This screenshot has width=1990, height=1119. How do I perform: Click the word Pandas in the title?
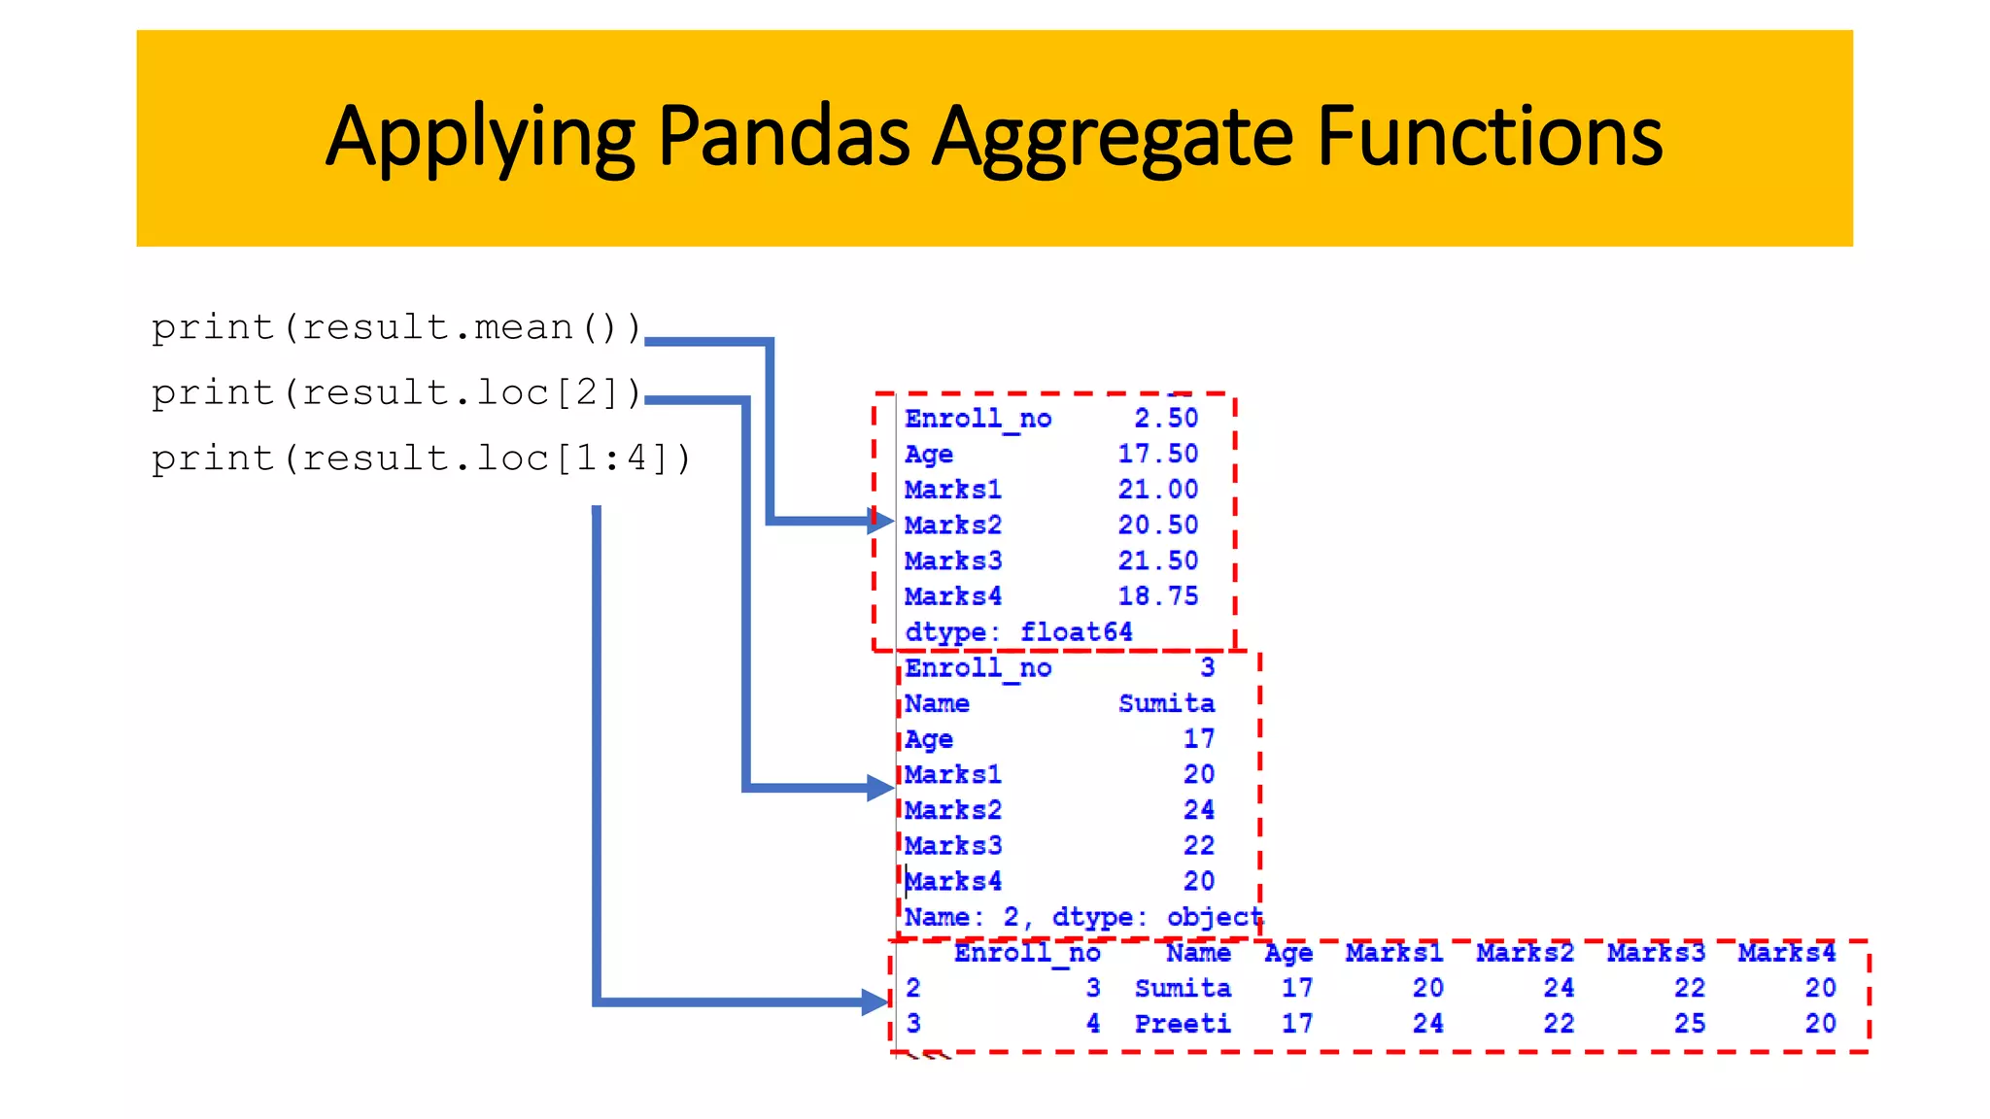pos(783,137)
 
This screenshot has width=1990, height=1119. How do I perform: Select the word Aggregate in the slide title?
pos(1113,139)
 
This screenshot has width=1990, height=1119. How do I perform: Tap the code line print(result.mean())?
pos(396,327)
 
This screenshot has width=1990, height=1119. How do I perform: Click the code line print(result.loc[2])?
pos(396,392)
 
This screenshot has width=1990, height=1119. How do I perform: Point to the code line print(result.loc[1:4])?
pos(421,458)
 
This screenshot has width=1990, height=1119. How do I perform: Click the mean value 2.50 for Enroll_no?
pos(1166,418)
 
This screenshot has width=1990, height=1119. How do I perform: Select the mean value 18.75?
pos(1157,595)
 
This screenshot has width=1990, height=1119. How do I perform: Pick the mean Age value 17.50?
pos(1157,454)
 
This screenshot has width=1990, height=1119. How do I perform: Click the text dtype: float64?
pos(1018,631)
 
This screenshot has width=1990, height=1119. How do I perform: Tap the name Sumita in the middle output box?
pos(1166,703)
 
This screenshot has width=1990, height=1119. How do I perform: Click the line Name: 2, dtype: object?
pos(1082,916)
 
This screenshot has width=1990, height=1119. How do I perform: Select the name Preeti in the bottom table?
pos(1183,1023)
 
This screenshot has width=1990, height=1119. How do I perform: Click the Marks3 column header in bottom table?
pos(1656,952)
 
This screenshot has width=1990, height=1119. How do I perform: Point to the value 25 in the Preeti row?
pos(1689,1023)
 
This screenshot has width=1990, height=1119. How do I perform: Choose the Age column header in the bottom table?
pos(1288,953)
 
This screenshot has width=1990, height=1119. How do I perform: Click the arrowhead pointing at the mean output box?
pos(880,522)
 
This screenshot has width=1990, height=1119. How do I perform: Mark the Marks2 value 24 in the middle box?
pos(1198,809)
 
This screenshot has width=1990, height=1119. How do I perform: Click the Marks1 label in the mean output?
pos(952,490)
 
